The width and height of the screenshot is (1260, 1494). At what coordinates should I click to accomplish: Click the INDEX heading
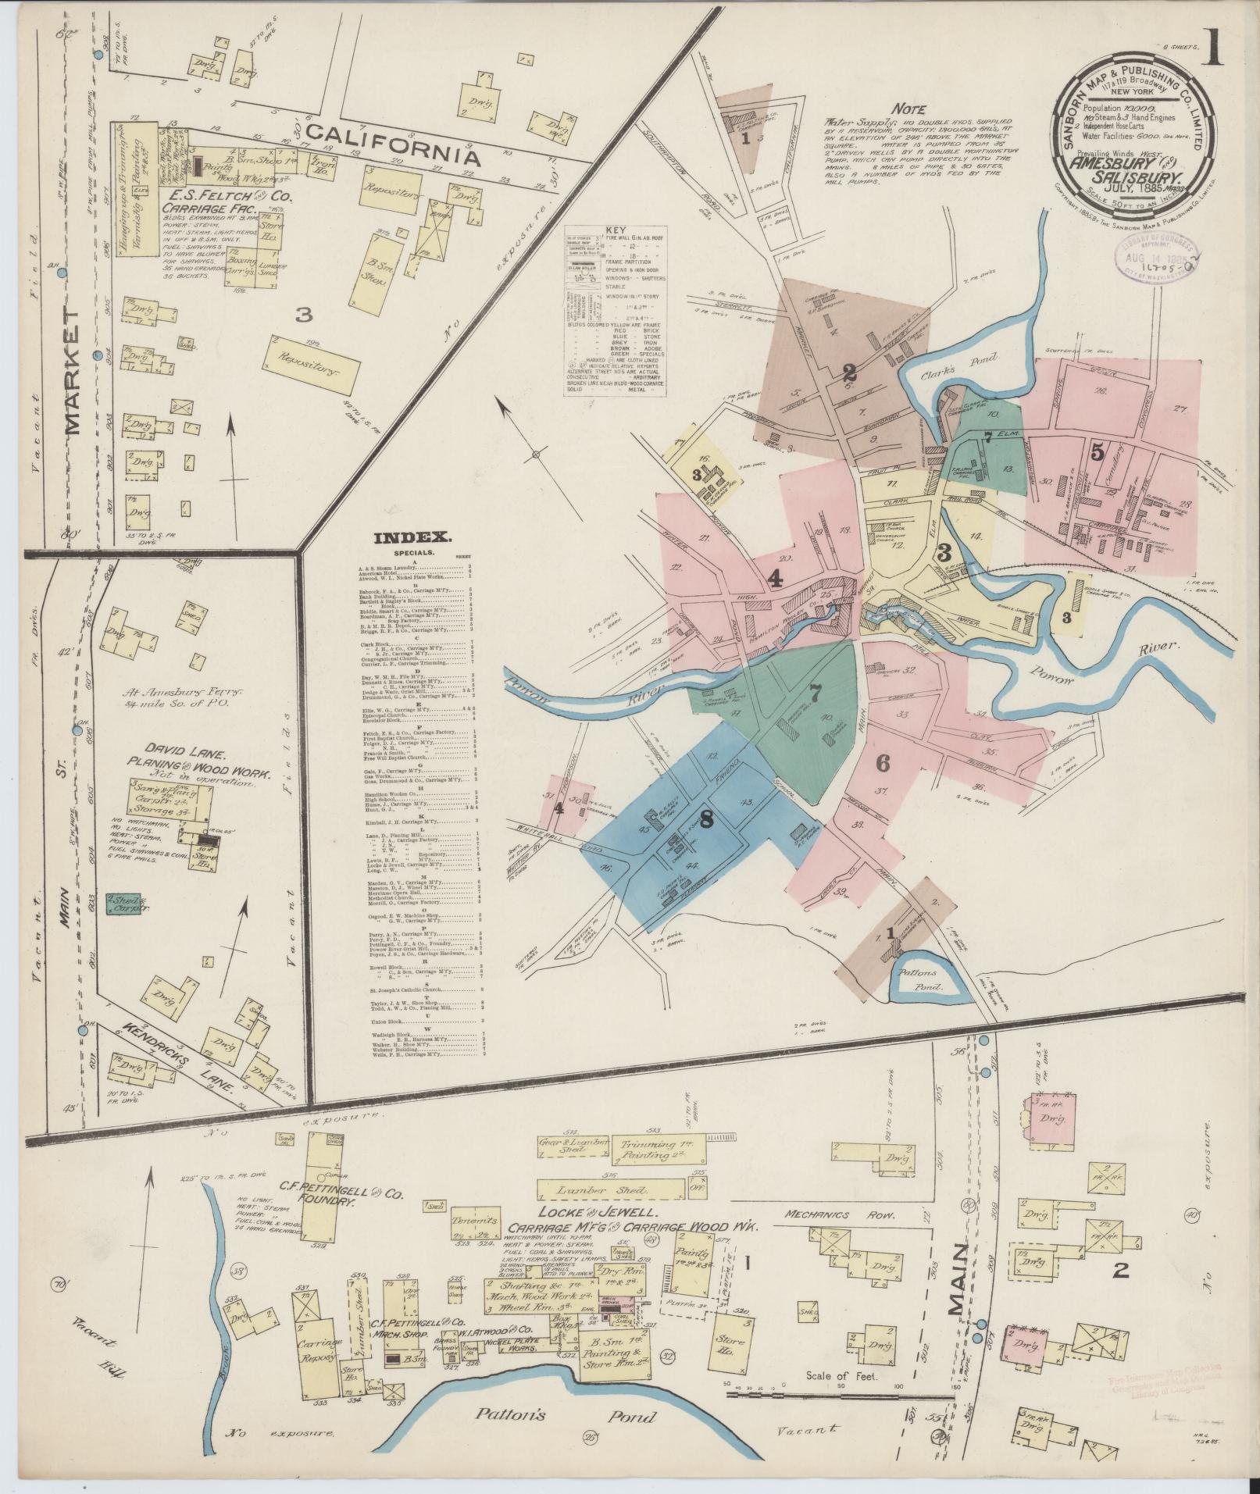[412, 537]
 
